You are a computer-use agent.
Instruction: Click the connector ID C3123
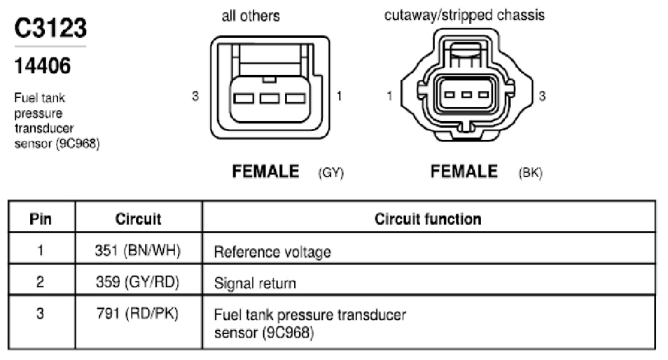coord(50,28)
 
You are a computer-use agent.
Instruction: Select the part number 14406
coord(42,66)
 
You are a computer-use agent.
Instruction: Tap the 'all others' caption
coord(251,16)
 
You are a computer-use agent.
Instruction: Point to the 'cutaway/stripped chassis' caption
coord(464,15)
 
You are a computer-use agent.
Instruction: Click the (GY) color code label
coord(331,172)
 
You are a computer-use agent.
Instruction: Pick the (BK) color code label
coord(530,172)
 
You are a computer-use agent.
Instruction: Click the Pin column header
coord(41,219)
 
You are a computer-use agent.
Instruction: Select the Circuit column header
coord(138,219)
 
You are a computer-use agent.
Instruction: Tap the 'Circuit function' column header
coord(428,219)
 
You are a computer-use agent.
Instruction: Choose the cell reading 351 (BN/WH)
coord(138,251)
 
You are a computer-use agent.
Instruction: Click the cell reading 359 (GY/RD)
coord(138,282)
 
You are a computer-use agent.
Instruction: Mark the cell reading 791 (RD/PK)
coord(138,314)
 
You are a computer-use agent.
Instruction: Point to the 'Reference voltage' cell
coord(272,251)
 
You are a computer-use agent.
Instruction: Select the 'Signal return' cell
coord(255,284)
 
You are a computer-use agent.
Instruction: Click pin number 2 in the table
coord(40,282)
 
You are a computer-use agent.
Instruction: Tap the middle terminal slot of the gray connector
coord(270,99)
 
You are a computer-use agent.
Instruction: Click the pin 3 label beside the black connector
coord(542,96)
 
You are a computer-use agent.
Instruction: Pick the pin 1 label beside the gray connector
coord(339,96)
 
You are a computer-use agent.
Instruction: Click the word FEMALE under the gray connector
coord(265,172)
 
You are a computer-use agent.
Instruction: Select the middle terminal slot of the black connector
coord(466,95)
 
